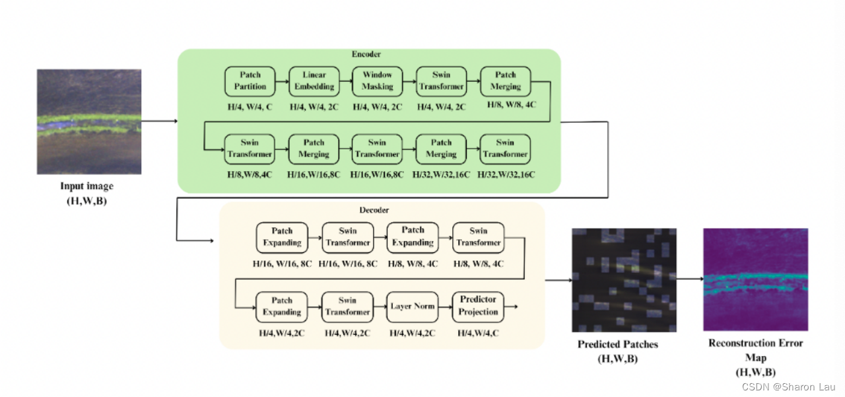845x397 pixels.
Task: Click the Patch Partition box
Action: [250, 81]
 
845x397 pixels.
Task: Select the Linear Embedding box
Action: [314, 81]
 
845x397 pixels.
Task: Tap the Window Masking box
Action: [377, 81]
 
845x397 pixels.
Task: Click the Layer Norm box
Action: [412, 307]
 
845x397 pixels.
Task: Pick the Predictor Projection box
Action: [478, 307]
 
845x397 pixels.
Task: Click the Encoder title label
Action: [366, 54]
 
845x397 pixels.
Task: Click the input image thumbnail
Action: [88, 122]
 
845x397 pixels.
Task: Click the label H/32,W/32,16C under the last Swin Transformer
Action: [506, 174]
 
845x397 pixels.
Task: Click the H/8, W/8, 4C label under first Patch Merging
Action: [506, 104]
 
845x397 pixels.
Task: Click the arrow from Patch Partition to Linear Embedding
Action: [283, 81]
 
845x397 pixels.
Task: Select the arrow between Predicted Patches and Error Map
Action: [689, 279]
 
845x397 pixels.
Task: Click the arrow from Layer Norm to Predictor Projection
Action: [445, 307]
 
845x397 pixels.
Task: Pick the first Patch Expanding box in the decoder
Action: [282, 237]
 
